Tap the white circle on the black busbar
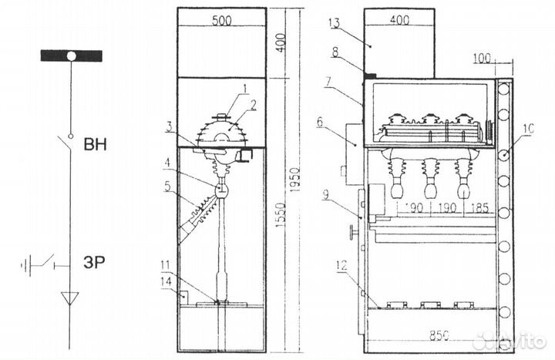tap(71, 56)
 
